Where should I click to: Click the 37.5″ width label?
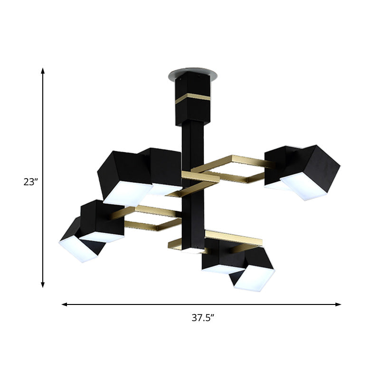[x=202, y=318]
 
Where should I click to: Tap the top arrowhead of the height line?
[x=43, y=71]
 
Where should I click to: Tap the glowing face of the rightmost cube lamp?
[x=304, y=186]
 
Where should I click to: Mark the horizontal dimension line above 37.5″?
[x=142, y=304]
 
